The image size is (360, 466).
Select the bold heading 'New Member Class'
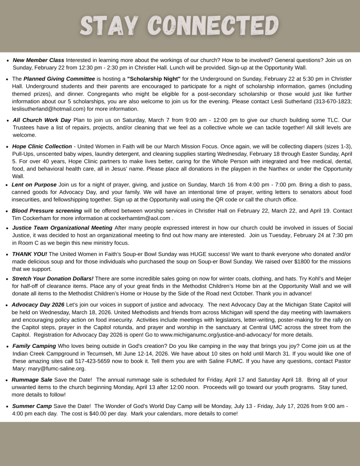38,60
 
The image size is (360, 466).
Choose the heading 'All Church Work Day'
42,120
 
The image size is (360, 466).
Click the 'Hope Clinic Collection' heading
42,147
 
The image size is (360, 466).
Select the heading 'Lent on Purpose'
34,184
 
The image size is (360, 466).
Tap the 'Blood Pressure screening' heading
47,211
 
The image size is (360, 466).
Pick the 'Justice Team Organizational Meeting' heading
62,227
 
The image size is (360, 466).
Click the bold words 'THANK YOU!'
30,254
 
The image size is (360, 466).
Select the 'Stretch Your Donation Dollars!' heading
53,279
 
